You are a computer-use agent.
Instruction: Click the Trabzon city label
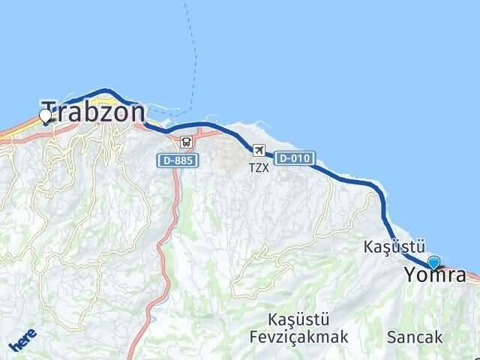click(94, 112)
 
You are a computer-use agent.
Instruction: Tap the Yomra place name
click(435, 275)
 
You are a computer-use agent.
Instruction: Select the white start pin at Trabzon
click(45, 116)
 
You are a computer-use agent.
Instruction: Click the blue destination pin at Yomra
click(433, 262)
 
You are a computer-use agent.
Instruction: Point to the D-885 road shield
click(177, 160)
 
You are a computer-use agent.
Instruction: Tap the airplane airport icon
click(259, 150)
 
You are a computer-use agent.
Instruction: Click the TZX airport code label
click(259, 168)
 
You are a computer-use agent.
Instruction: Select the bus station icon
click(184, 140)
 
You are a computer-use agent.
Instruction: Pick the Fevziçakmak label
click(299, 337)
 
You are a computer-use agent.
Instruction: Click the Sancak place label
click(415, 337)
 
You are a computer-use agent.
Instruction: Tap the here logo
click(22, 339)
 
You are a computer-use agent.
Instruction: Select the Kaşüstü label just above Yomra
click(394, 247)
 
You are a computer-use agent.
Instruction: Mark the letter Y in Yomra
click(411, 275)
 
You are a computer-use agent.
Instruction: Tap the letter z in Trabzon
click(113, 112)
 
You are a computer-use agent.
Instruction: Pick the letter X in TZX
click(265, 168)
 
